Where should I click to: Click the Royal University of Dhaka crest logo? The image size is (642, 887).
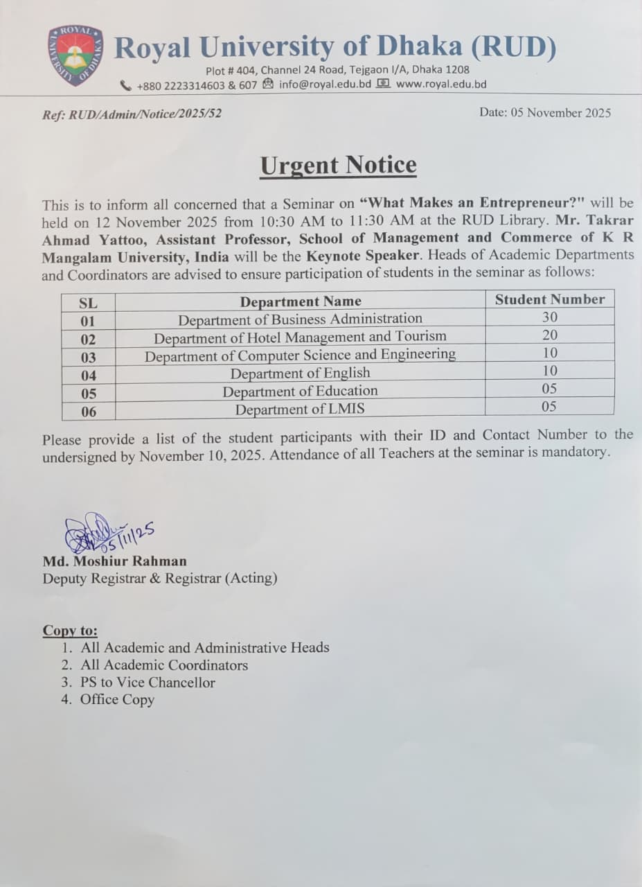pos(75,55)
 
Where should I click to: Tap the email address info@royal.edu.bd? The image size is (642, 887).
pos(326,85)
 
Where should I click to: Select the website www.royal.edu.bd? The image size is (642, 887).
pos(441,85)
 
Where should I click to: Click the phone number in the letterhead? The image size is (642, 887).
pos(197,85)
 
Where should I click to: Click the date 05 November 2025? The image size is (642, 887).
pos(545,112)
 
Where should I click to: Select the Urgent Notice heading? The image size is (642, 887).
pos(338,166)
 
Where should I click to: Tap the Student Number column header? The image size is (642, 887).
pos(549,299)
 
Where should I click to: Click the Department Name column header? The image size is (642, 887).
pos(301,301)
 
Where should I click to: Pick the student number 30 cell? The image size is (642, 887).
pos(549,317)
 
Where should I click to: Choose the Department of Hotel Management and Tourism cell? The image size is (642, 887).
pos(300,337)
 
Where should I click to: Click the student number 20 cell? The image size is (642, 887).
pos(549,335)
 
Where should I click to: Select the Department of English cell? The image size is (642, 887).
pos(300,374)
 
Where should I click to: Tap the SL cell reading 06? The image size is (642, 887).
pos(88,412)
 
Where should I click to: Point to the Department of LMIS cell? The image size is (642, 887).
pos(300,409)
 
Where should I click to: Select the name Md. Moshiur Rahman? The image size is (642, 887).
pos(114,561)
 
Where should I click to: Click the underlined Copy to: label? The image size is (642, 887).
pos(70,631)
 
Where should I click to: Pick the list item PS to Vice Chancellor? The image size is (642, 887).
pos(148,682)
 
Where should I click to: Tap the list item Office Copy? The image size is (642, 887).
pos(117,699)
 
